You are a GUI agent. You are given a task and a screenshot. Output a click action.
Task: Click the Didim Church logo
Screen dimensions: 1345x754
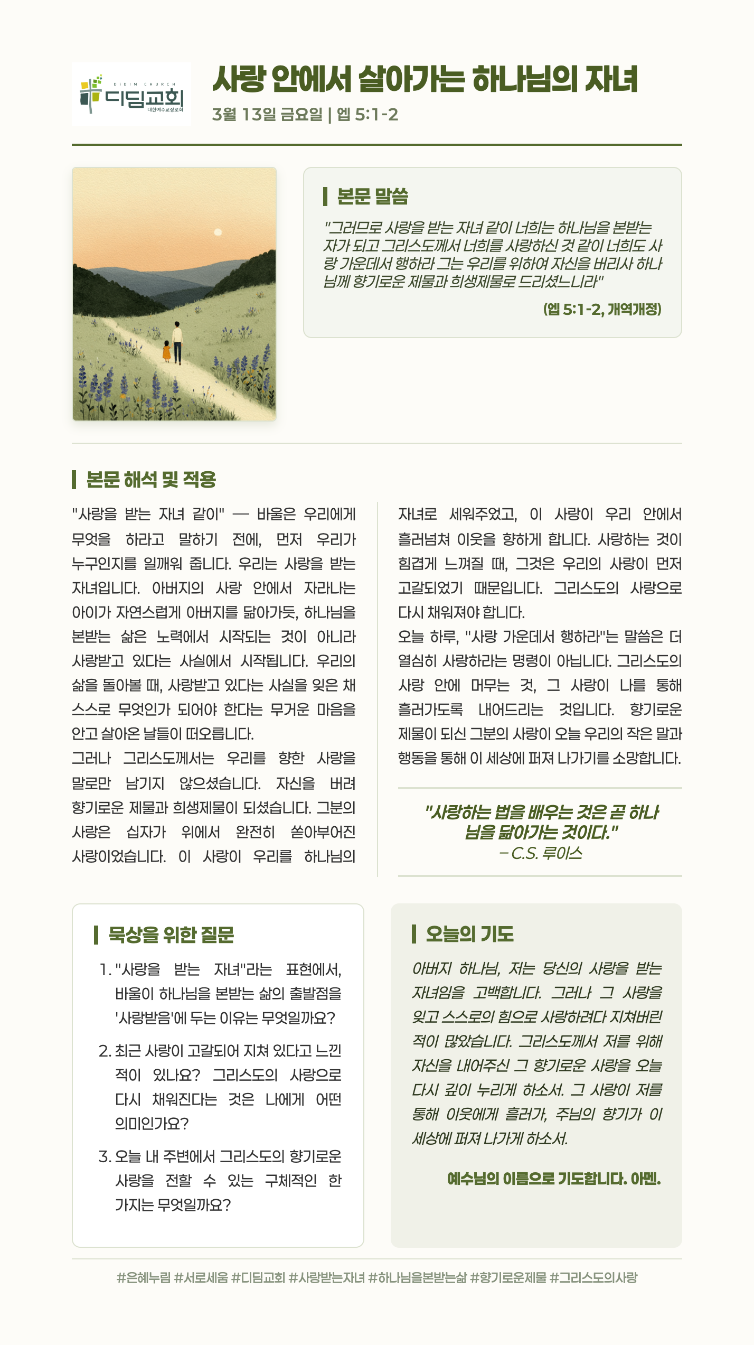point(131,94)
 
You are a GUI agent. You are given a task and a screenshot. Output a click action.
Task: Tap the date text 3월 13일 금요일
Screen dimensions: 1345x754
point(267,114)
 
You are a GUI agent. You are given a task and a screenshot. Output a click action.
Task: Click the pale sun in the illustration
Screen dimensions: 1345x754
point(218,232)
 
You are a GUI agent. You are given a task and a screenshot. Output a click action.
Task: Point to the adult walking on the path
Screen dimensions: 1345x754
point(177,342)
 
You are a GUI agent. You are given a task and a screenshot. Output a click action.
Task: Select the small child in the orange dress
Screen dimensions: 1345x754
point(167,351)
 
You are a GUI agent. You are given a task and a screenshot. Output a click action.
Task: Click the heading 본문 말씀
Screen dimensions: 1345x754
point(372,196)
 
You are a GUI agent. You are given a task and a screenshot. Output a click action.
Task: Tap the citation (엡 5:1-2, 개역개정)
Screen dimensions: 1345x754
point(602,309)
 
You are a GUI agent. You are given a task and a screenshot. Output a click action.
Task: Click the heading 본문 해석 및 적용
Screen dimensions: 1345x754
point(151,480)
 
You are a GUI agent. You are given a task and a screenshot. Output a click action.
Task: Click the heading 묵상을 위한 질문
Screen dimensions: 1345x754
point(171,935)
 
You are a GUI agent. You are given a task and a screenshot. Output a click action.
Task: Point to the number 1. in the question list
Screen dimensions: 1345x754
point(106,969)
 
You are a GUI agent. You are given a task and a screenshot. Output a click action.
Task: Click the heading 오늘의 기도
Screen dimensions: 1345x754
point(469,934)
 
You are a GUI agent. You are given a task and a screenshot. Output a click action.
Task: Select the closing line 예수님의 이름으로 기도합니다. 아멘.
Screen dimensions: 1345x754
point(554,1179)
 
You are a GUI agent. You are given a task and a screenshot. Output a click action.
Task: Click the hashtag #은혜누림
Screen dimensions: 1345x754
point(144,1277)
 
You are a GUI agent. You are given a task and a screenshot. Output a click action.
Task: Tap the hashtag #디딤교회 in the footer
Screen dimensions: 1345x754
point(258,1277)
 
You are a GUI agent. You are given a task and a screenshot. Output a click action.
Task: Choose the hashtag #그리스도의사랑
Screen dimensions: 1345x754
point(593,1277)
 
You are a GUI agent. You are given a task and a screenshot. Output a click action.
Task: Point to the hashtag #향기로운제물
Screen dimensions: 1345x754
point(508,1277)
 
